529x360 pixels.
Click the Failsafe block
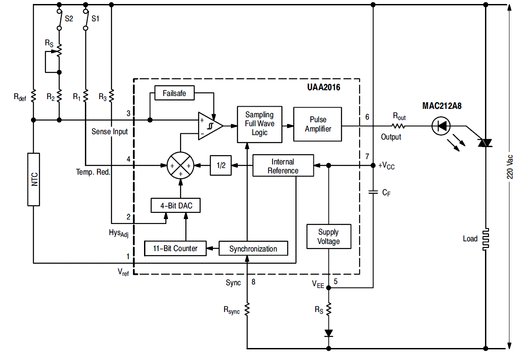point(174,93)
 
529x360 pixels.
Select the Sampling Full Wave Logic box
point(260,124)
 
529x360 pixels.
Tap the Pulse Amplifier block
point(317,124)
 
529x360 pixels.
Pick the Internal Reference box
point(283,165)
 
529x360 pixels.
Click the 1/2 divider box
point(221,165)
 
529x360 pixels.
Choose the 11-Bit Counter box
point(175,248)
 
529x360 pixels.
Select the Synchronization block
point(253,248)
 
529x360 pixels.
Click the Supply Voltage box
point(329,236)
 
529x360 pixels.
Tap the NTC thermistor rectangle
point(34,179)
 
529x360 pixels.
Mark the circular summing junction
point(180,165)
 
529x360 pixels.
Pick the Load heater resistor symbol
point(486,239)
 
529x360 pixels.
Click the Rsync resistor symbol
point(247,309)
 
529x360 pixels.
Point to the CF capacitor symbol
point(373,192)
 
